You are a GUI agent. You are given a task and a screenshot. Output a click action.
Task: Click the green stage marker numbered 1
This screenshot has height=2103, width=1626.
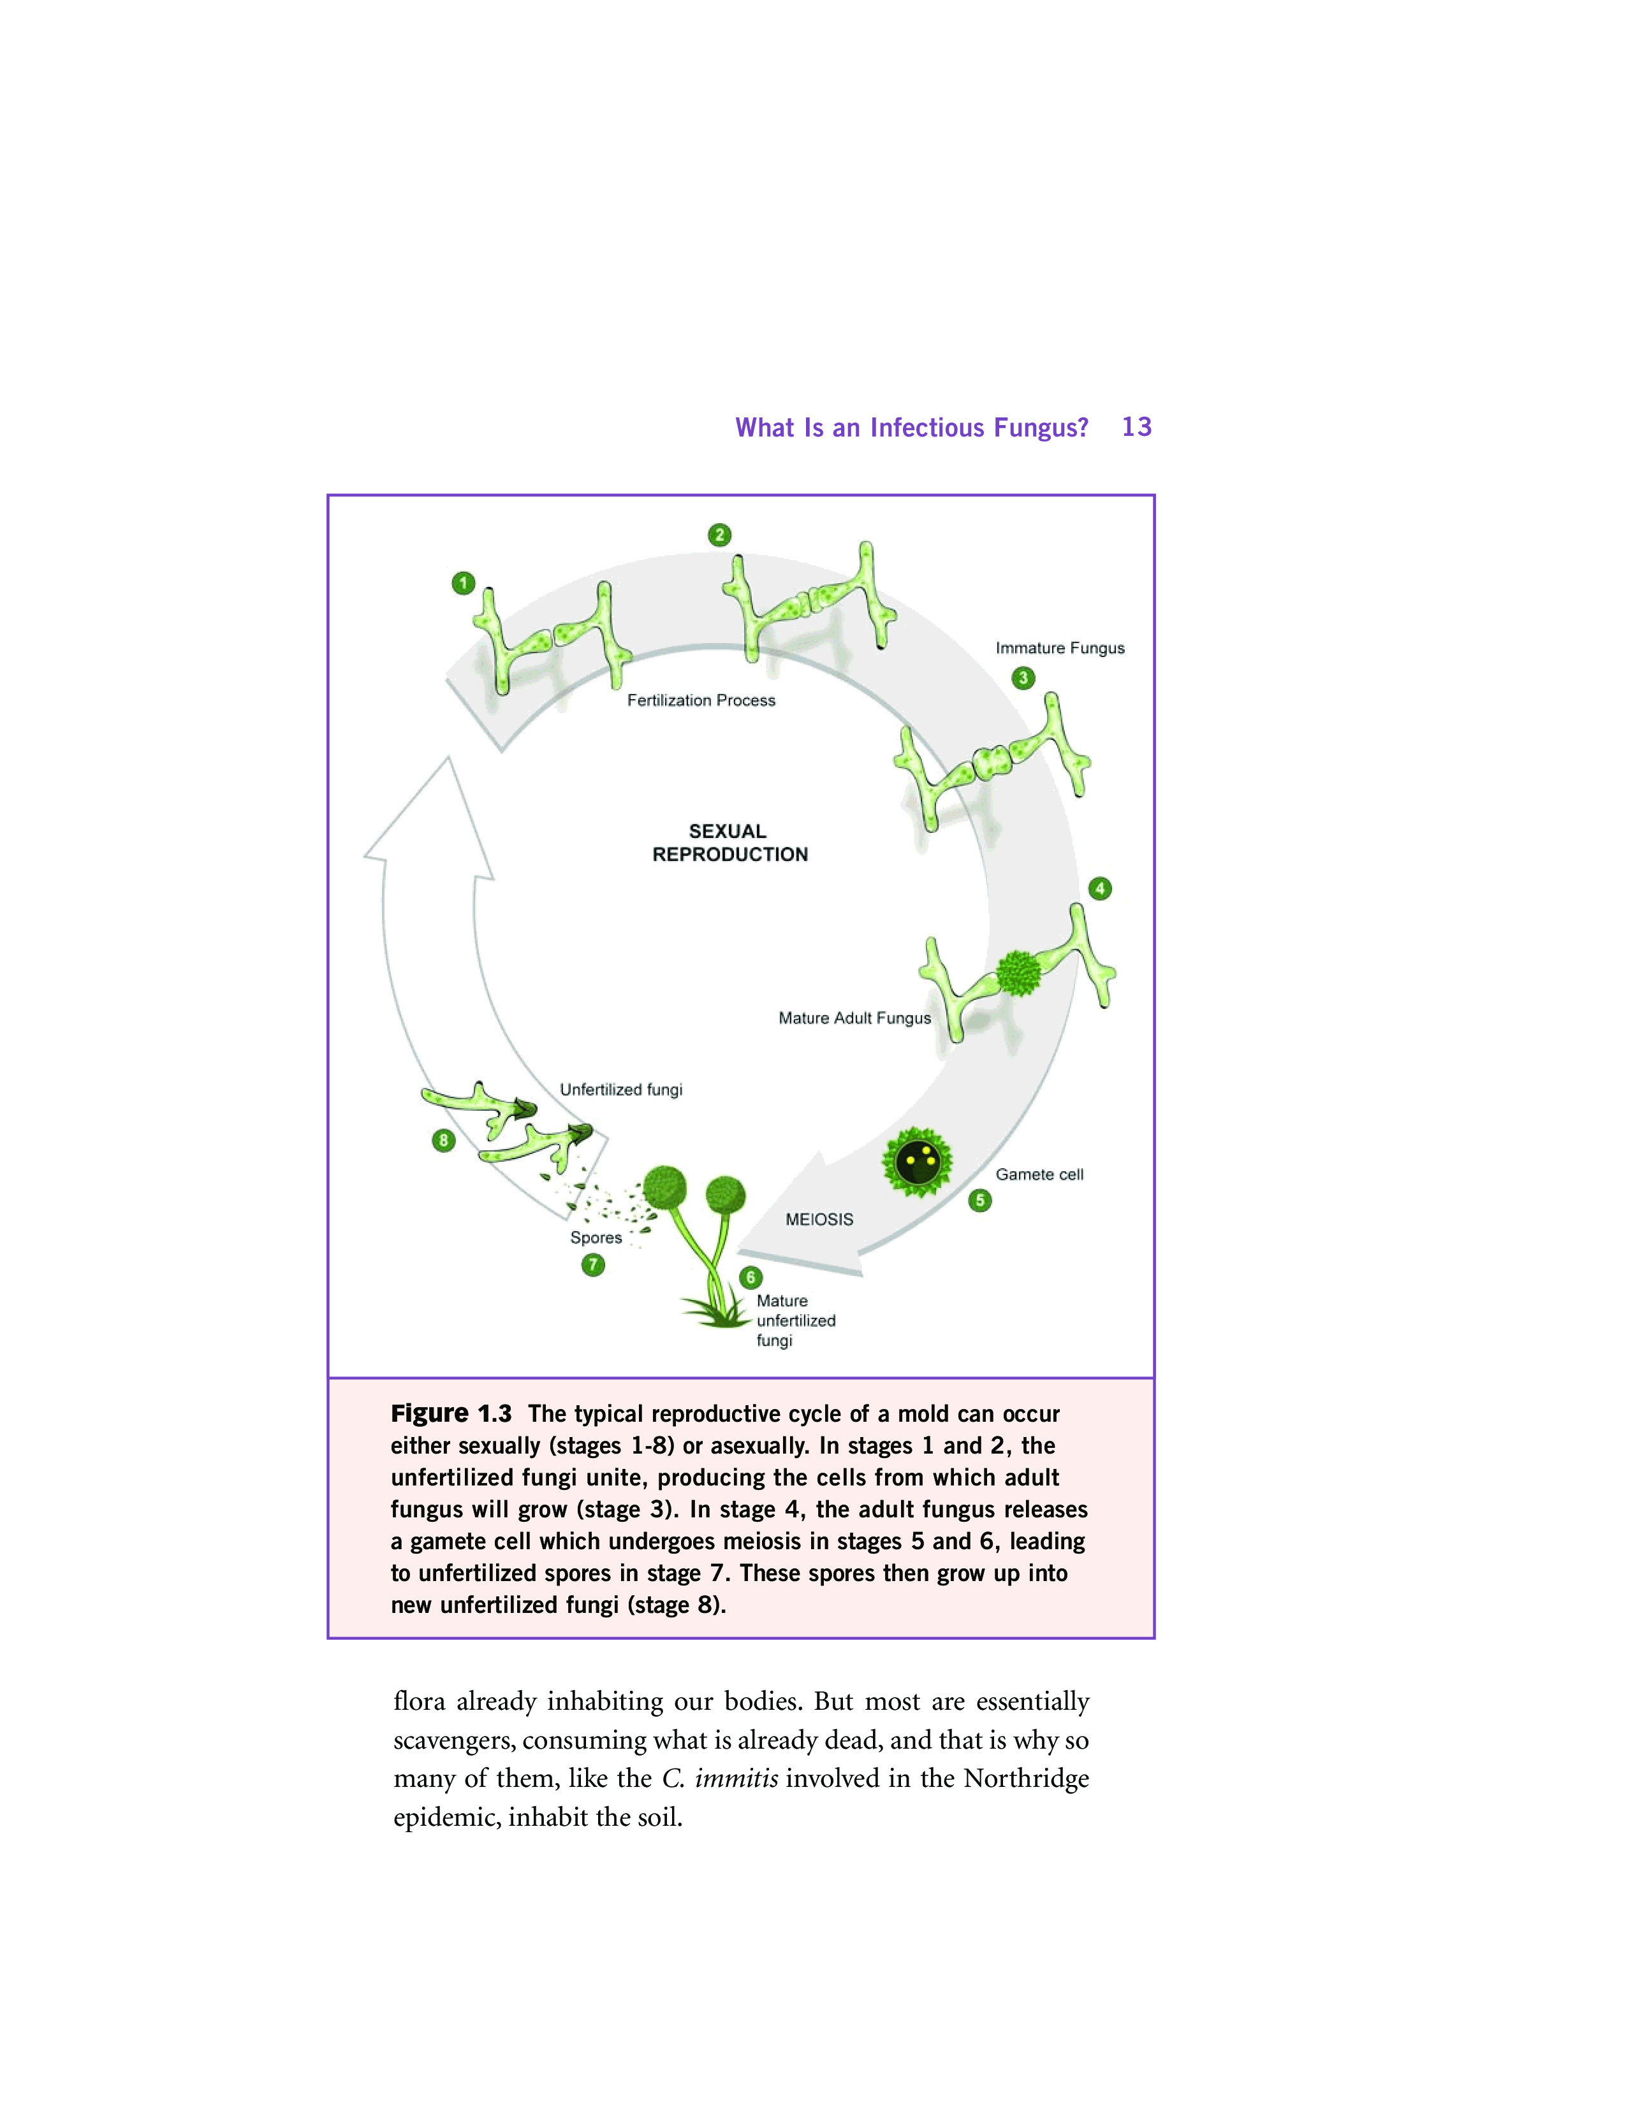pyautogui.click(x=464, y=582)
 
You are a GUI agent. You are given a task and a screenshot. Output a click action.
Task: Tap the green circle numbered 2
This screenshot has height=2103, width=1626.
pyautogui.click(x=719, y=535)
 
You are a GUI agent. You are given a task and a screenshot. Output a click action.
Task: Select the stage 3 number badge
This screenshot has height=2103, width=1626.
pyautogui.click(x=1023, y=678)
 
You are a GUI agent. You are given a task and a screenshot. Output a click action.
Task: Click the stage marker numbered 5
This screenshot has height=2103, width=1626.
pyautogui.click(x=979, y=1200)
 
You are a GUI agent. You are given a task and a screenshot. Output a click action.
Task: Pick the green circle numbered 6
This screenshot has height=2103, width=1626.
pyautogui.click(x=751, y=1278)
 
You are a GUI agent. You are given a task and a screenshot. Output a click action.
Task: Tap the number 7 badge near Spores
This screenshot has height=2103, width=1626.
pyautogui.click(x=594, y=1264)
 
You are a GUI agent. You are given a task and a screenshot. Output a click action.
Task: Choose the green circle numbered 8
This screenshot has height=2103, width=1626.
pyautogui.click(x=443, y=1140)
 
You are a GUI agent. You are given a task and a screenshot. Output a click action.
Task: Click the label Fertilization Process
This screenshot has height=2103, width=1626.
pyautogui.click(x=701, y=700)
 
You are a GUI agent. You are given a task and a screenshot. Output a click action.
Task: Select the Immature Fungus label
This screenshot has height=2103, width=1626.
pyautogui.click(x=1060, y=648)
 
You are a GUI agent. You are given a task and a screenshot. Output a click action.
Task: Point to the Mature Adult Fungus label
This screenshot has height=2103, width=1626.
pyautogui.click(x=854, y=1018)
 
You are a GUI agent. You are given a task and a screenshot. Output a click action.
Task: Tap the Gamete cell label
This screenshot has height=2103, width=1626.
pyautogui.click(x=1039, y=1174)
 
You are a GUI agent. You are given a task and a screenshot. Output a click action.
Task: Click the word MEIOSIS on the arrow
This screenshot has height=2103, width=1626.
pyautogui.click(x=819, y=1219)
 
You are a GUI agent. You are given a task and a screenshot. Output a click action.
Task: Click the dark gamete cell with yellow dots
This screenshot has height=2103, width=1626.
pyautogui.click(x=917, y=1162)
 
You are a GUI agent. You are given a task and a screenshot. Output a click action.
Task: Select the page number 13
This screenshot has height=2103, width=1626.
pyautogui.click(x=1137, y=426)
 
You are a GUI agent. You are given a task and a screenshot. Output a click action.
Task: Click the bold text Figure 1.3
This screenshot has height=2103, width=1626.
pyautogui.click(x=451, y=1413)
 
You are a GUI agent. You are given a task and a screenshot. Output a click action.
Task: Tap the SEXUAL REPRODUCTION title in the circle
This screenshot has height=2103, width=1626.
pyautogui.click(x=729, y=842)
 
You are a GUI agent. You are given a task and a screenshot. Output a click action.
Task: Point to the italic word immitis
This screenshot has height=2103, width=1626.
pyautogui.click(x=736, y=1779)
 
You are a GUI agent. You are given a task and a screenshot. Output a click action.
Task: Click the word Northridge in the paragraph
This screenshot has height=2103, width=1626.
pyautogui.click(x=1026, y=1779)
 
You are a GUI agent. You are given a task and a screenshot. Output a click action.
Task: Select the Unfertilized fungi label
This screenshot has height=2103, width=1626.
pyautogui.click(x=621, y=1089)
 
